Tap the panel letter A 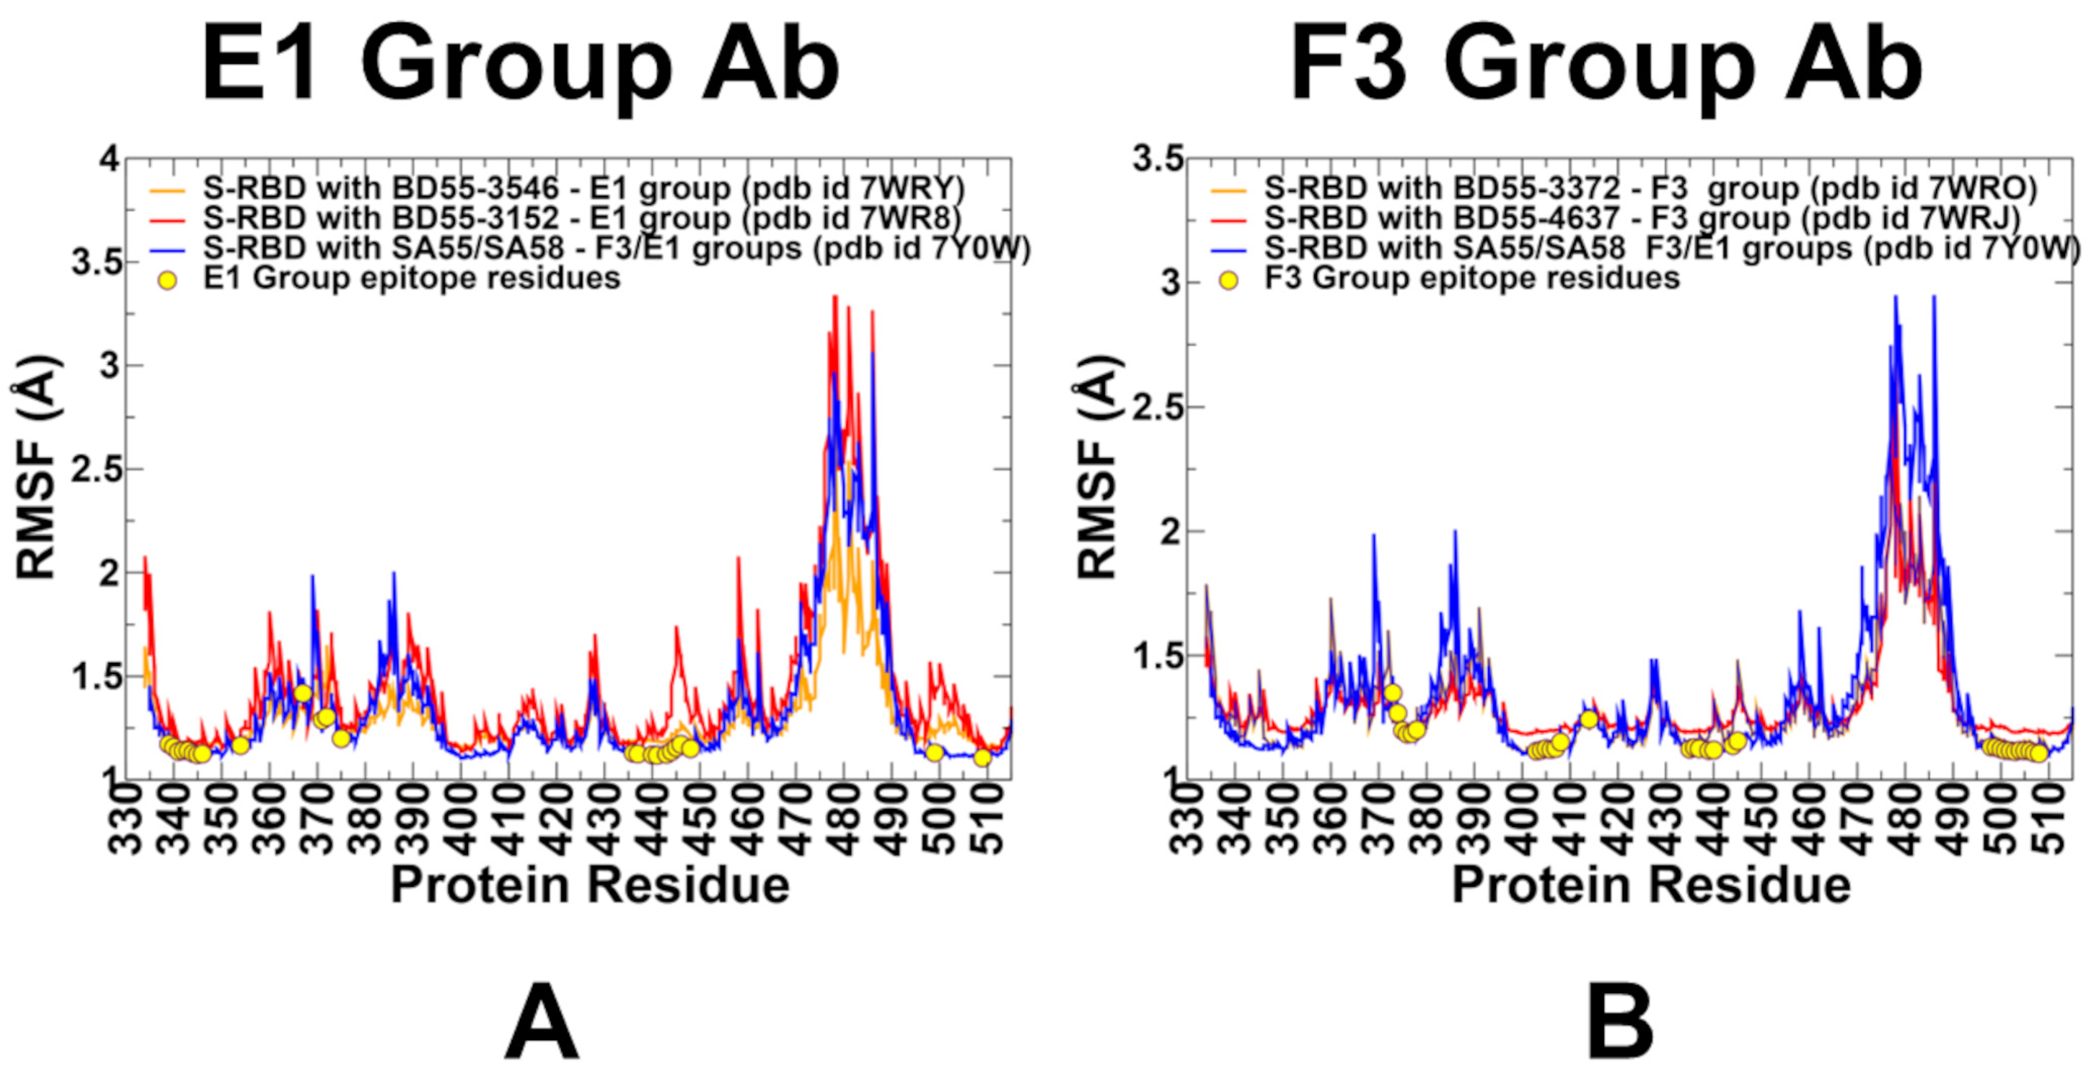[541, 1021]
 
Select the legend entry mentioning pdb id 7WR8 [581, 218]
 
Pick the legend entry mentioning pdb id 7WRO [1648, 189]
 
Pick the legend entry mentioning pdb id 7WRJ [1640, 218]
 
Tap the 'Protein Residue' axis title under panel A [590, 885]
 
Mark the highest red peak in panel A [835, 298]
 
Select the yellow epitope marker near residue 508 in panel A [982, 758]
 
